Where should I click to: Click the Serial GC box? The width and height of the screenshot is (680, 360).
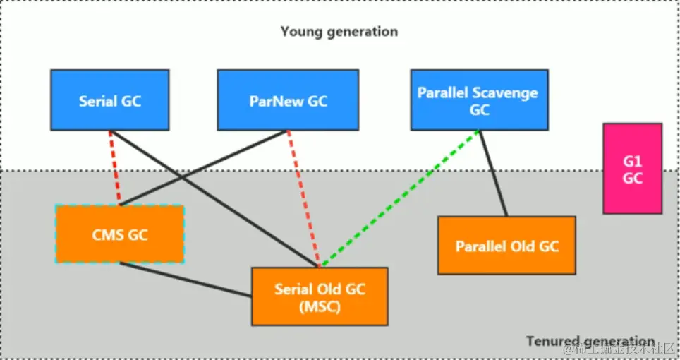(x=109, y=100)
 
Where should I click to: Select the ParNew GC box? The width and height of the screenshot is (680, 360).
(x=288, y=100)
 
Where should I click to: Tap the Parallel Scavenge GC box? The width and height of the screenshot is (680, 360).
(x=479, y=100)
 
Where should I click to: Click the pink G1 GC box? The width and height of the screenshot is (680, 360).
(x=632, y=169)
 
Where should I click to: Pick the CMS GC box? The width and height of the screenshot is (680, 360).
(x=119, y=234)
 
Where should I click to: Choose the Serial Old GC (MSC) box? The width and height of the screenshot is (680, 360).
(x=320, y=296)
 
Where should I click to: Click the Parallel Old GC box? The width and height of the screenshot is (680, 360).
(x=506, y=246)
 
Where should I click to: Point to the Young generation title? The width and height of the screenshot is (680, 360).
(x=339, y=32)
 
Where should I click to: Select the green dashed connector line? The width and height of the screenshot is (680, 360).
(x=399, y=198)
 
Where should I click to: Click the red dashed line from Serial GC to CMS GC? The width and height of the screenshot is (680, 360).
(x=114, y=168)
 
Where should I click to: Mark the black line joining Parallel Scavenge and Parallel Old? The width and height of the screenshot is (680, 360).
(x=493, y=174)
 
